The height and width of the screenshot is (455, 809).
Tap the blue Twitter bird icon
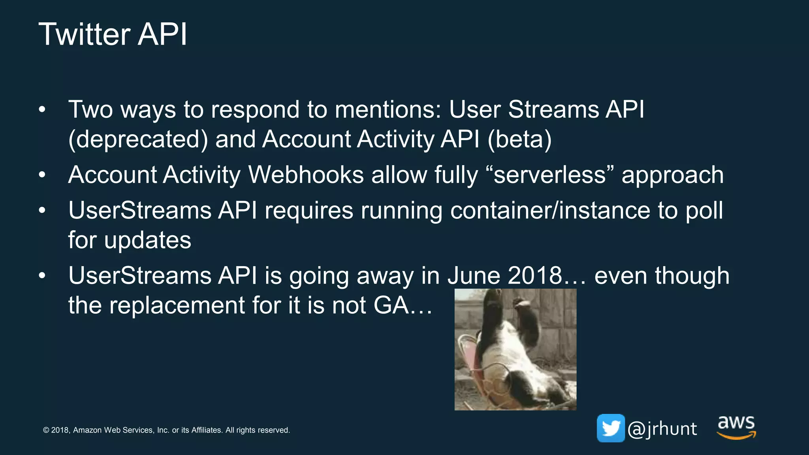610,428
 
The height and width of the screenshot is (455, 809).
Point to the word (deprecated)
138,139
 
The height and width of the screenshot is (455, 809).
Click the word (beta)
519,139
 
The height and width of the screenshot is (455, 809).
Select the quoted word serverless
549,175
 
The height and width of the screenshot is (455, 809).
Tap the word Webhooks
306,175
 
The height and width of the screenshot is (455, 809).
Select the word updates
147,241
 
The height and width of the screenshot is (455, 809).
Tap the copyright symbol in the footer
46,430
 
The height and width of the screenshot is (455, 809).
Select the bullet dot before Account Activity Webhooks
42,175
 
